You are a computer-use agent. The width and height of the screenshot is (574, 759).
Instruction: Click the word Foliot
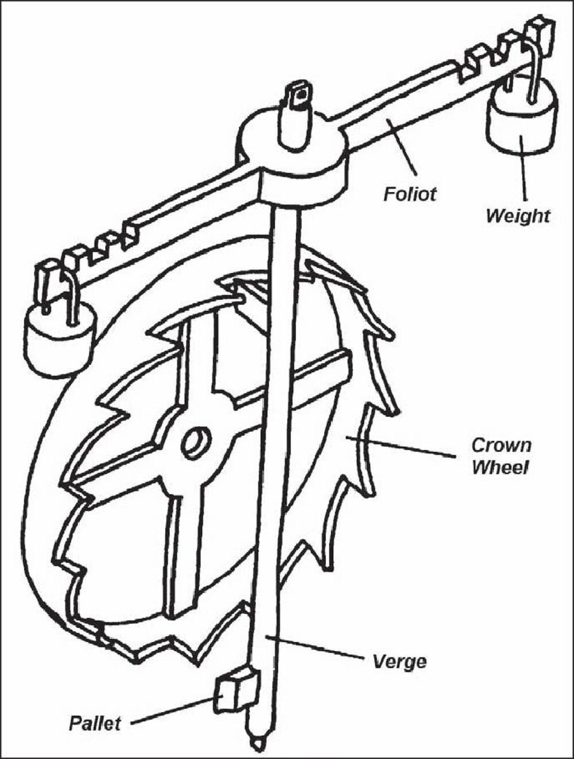coord(409,193)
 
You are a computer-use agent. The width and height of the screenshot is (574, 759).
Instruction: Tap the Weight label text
coord(517,216)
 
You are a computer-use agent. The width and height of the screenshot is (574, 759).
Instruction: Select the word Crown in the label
coord(501,445)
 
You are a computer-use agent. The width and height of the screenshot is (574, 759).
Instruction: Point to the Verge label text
coord(400,661)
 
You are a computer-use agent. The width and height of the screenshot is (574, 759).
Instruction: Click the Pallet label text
coord(95,722)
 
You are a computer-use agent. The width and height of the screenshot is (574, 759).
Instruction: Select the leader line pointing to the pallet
coord(172,709)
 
